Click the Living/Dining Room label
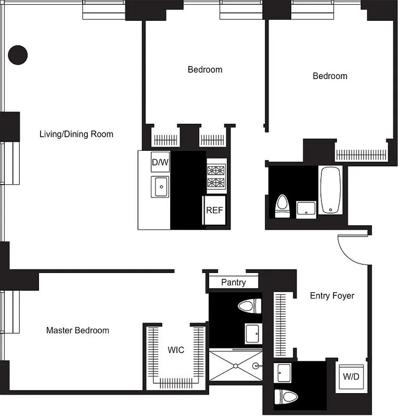(76, 134)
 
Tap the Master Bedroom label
(78, 330)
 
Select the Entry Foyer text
(332, 296)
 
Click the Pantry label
(233, 282)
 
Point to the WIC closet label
(176, 350)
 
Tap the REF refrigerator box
(214, 211)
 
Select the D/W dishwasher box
(160, 163)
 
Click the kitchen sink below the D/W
(160, 186)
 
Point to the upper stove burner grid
(215, 170)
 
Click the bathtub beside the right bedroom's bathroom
(330, 190)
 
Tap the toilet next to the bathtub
(283, 206)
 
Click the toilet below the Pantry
(249, 306)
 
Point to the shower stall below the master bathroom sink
(235, 366)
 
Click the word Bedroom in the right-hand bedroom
(330, 76)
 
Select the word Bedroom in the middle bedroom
(205, 70)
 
